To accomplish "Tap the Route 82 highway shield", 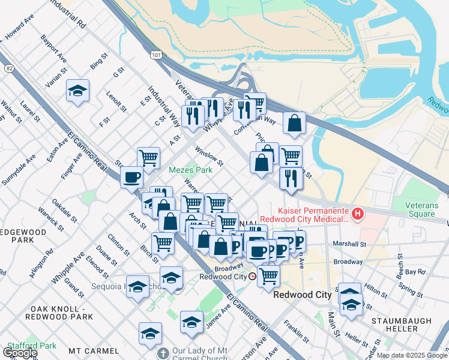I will pyautogui.click(x=9, y=68).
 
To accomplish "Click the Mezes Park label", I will pyautogui.click(x=190, y=170).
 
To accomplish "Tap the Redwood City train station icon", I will pyautogui.click(x=253, y=277).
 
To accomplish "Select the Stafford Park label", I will pyautogui.click(x=31, y=346).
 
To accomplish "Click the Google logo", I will pyautogui.click(x=19, y=352).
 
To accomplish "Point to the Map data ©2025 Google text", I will pyautogui.click(x=412, y=355).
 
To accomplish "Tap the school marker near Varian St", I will pyautogui.click(x=78, y=91).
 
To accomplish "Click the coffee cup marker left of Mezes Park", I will pyautogui.click(x=131, y=178).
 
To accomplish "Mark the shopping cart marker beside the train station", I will pyautogui.click(x=269, y=277).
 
